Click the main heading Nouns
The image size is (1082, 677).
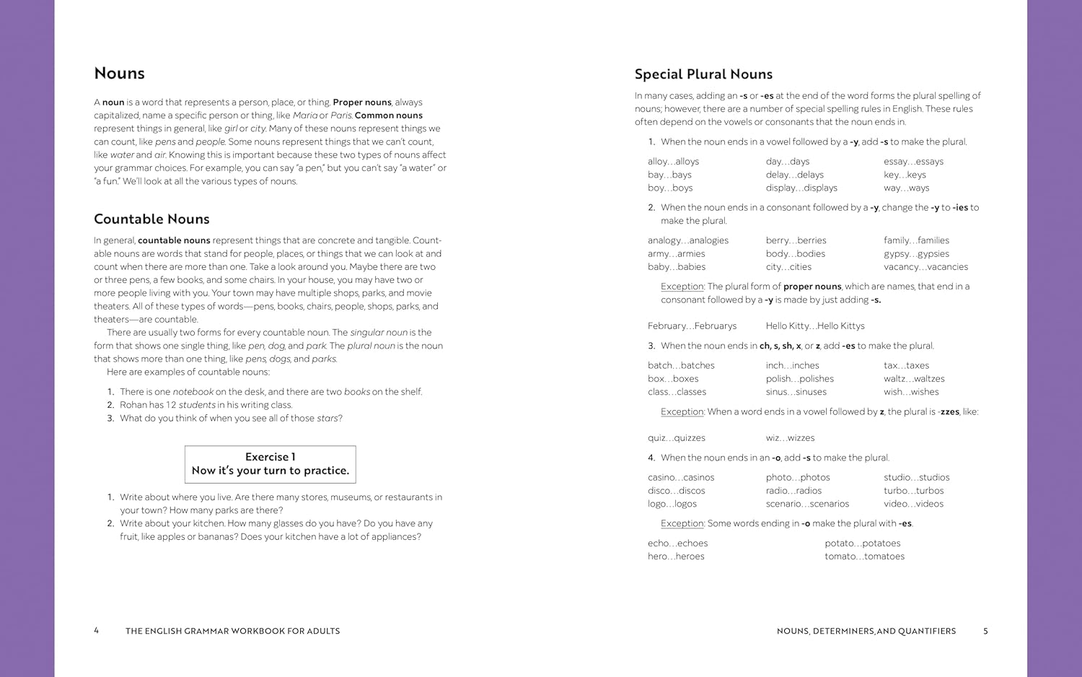coord(119,74)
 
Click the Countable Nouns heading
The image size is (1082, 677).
coord(151,219)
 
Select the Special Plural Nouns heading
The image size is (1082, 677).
coord(703,74)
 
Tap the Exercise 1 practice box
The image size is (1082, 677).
coord(270,464)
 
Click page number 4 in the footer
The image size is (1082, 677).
coord(97,631)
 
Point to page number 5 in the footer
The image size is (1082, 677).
coord(985,631)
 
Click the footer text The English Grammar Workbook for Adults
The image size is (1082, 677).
coord(232,631)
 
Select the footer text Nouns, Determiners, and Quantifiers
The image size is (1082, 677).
coord(866,631)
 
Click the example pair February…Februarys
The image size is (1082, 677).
coord(692,326)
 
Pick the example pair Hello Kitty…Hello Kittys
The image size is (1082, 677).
coord(815,326)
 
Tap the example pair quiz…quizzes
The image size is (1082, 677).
coord(677,438)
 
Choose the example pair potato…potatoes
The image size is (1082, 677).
coord(863,543)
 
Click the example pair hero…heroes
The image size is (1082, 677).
coord(676,556)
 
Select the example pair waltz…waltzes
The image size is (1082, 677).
coord(914,379)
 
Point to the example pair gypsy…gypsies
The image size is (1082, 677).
coord(916,254)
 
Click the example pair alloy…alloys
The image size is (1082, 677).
coord(673,162)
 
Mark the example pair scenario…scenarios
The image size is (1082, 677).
coord(807,504)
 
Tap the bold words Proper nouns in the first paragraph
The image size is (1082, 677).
coord(362,102)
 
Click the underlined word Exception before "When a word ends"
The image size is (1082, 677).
coord(682,412)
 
